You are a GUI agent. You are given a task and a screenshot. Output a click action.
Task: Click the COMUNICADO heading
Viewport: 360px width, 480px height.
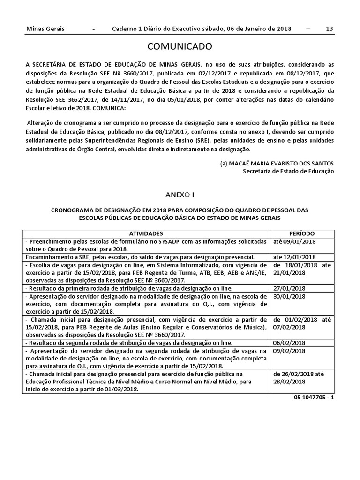pyautogui.click(x=180, y=46)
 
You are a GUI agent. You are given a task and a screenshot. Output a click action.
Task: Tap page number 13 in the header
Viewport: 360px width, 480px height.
pyautogui.click(x=329, y=29)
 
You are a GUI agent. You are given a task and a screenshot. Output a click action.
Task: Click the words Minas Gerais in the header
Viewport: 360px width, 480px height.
pyautogui.click(x=45, y=29)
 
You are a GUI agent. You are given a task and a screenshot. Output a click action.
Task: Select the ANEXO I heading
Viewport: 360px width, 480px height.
pyautogui.click(x=180, y=194)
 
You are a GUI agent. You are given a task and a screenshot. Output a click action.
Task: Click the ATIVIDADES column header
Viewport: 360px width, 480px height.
pyautogui.click(x=146, y=233)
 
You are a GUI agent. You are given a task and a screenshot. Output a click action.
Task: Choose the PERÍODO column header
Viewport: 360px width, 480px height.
pyautogui.click(x=302, y=233)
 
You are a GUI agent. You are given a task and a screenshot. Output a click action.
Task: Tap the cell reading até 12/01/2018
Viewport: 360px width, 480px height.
pyautogui.click(x=294, y=257)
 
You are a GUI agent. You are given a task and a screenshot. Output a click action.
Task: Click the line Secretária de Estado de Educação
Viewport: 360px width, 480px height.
pyautogui.click(x=288, y=171)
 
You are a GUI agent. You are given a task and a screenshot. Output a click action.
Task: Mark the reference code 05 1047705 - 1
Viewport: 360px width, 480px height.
pyautogui.click(x=314, y=397)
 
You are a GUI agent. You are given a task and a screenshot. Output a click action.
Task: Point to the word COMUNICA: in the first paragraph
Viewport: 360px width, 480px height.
pyautogui.click(x=111, y=108)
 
